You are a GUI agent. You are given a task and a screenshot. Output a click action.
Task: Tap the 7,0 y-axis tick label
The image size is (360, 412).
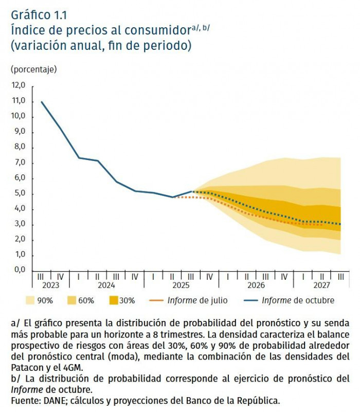point(19,163)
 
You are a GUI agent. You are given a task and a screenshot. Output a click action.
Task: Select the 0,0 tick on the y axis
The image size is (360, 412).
point(19,270)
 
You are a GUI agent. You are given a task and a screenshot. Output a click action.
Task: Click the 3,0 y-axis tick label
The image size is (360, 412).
point(19,224)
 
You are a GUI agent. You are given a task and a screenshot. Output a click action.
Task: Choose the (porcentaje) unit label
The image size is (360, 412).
point(33,69)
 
